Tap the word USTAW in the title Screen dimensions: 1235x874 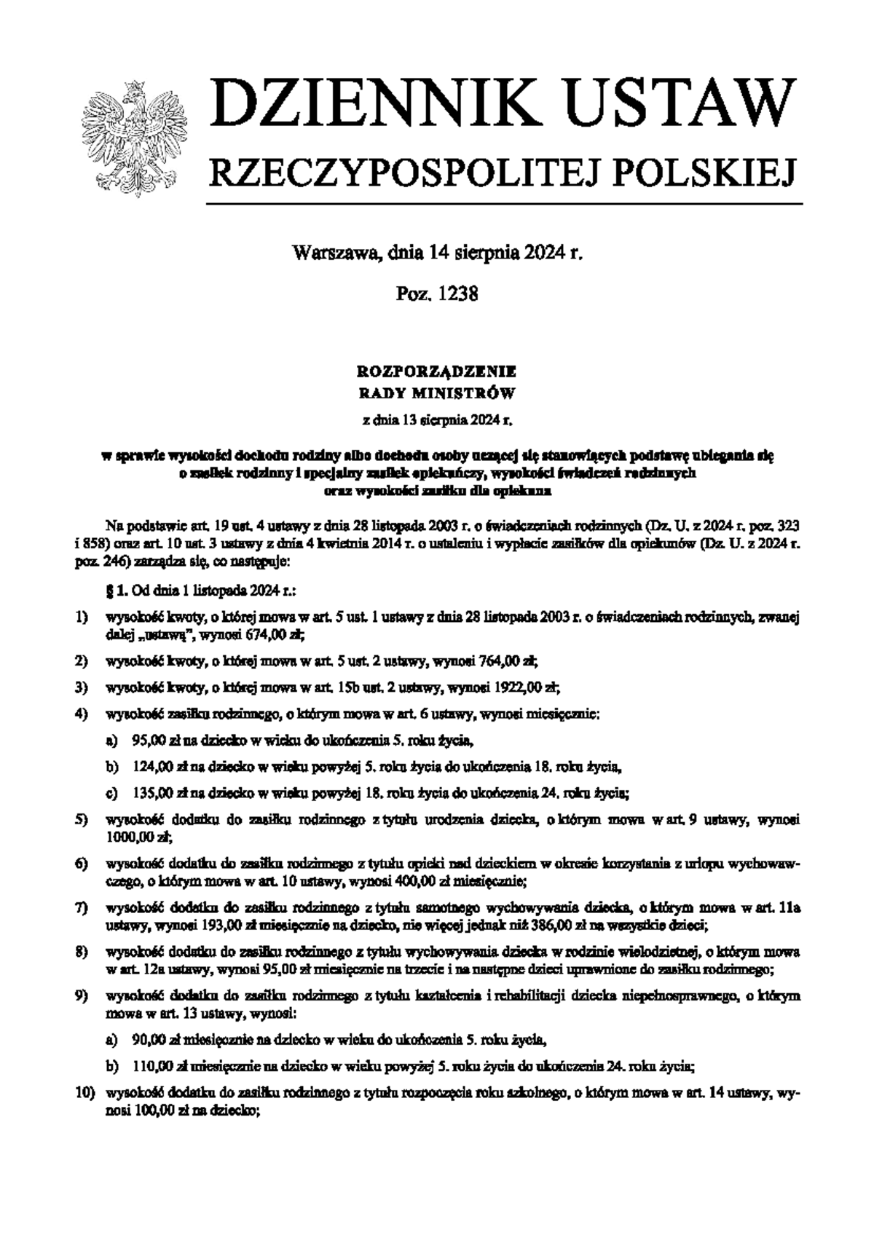click(x=678, y=103)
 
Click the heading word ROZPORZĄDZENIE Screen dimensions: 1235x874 click(x=437, y=372)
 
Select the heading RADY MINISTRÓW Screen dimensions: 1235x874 click(x=437, y=395)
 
